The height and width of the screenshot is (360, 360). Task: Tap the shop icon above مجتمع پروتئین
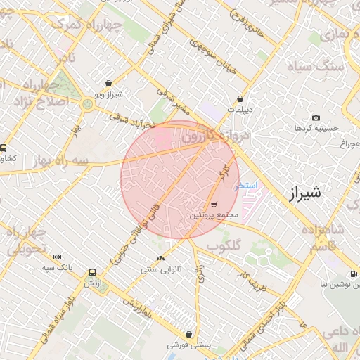click(x=214, y=204)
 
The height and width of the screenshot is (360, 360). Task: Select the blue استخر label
click(x=247, y=185)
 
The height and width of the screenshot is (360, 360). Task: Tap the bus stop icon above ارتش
click(x=92, y=273)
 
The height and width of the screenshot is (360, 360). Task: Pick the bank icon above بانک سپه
click(x=57, y=257)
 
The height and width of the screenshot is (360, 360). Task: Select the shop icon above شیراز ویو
click(x=108, y=83)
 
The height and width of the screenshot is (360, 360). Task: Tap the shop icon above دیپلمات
click(x=241, y=99)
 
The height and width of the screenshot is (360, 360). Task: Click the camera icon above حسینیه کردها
click(x=316, y=117)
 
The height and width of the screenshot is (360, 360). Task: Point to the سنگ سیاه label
click(x=321, y=66)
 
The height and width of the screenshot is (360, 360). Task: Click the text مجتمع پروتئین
click(x=214, y=214)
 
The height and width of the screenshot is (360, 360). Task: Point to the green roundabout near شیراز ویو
click(x=87, y=105)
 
